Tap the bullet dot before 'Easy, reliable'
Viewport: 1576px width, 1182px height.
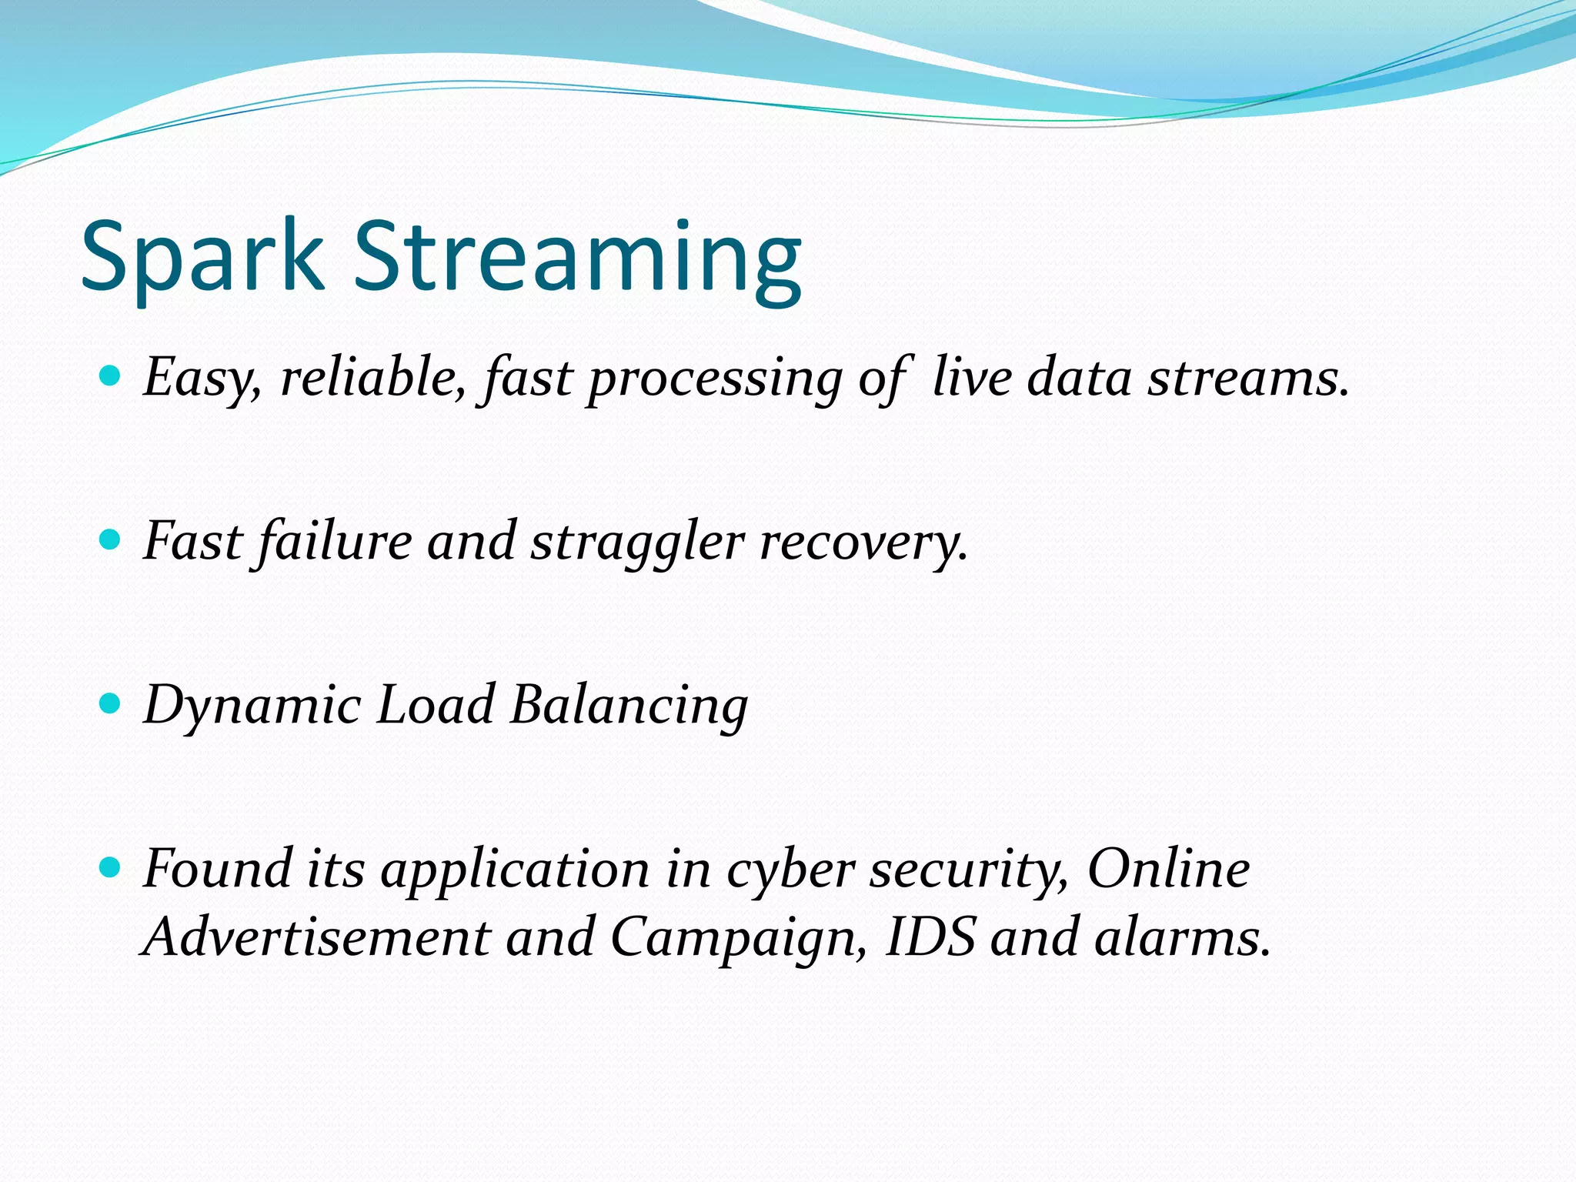pyautogui.click(x=111, y=376)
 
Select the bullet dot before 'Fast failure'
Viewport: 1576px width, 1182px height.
pyautogui.click(x=111, y=539)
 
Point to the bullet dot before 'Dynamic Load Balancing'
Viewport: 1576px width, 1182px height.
pyautogui.click(x=111, y=703)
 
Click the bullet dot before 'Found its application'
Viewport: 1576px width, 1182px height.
pyautogui.click(x=111, y=868)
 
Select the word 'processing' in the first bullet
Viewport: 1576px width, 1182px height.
pyautogui.click(x=715, y=379)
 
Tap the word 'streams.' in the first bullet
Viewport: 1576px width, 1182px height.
pyautogui.click(x=1248, y=379)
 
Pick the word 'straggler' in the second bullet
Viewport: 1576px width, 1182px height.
pyautogui.click(x=637, y=542)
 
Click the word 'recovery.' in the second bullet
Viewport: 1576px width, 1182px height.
pyautogui.click(x=863, y=542)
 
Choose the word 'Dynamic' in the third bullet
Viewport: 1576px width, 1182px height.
pyautogui.click(x=252, y=706)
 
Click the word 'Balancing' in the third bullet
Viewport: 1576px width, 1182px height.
pyautogui.click(x=629, y=706)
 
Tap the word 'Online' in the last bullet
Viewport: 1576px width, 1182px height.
pyautogui.click(x=1168, y=870)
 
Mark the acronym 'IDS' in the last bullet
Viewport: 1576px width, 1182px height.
pyautogui.click(x=930, y=937)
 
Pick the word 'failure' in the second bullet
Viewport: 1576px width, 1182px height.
pyautogui.click(x=335, y=542)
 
